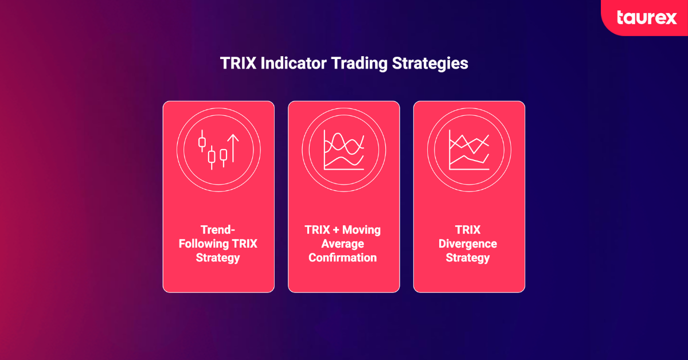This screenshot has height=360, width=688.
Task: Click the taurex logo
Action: coord(647,18)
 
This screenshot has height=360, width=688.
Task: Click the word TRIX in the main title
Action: coord(239,63)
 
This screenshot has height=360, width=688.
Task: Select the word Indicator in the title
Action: coord(294,63)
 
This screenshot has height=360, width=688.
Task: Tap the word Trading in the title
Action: coord(359,64)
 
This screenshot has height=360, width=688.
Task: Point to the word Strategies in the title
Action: coord(430,64)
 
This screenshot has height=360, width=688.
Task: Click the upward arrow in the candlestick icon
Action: coord(233,148)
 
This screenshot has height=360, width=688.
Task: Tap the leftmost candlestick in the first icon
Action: coord(202,141)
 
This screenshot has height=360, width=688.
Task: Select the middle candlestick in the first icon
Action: coord(212,158)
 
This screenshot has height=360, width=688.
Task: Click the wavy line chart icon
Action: coord(344,150)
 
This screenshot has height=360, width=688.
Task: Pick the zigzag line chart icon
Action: coord(469,150)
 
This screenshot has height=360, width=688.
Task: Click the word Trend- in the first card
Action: coord(218,230)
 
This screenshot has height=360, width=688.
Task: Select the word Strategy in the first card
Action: coord(218,258)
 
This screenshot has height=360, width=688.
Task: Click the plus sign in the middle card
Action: coord(336,230)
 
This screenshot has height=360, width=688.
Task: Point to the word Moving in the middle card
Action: coord(362,230)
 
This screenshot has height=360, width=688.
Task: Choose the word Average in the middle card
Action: coord(343,244)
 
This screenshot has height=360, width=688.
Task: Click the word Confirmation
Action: coord(343,258)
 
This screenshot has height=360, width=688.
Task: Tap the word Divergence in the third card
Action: coord(468,244)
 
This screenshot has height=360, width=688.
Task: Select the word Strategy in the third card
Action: coord(468,258)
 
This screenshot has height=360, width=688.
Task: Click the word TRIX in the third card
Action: coord(468,230)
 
